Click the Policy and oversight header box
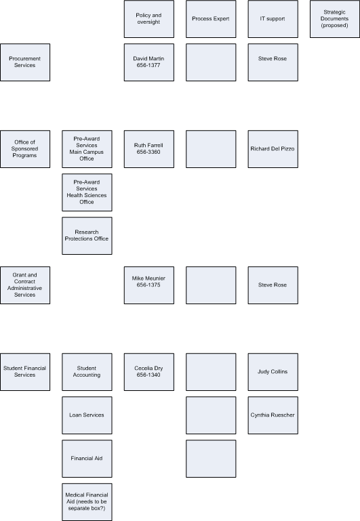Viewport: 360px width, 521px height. [x=149, y=19]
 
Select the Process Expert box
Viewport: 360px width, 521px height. [x=211, y=19]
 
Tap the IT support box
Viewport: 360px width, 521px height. [x=273, y=19]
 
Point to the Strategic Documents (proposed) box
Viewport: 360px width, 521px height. [x=335, y=19]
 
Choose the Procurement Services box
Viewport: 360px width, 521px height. [x=25, y=62]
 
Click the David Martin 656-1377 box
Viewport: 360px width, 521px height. [x=149, y=62]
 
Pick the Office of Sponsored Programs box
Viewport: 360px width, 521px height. [x=25, y=149]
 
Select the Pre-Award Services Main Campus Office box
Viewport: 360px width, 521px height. [x=87, y=149]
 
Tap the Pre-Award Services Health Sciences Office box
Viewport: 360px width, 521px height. [x=87, y=192]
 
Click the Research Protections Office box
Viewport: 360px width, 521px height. [x=87, y=236]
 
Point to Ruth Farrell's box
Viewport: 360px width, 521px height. [x=149, y=149]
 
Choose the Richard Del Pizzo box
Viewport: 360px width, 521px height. [x=273, y=149]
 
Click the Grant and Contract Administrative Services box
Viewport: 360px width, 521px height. [x=25, y=285]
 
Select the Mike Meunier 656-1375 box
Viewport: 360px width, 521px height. [x=149, y=285]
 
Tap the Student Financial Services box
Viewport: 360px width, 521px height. [x=25, y=372]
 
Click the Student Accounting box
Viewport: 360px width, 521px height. [x=87, y=372]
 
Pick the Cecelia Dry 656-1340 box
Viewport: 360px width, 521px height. [x=149, y=372]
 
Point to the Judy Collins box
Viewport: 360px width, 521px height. [x=273, y=372]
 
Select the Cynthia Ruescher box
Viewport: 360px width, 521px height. [x=273, y=415]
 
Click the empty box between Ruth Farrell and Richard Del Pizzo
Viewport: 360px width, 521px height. [x=211, y=149]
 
